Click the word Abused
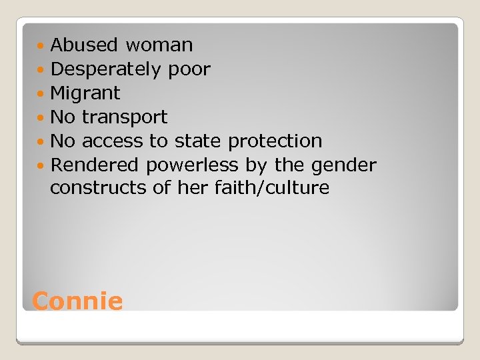tap(85, 45)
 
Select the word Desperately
tap(106, 69)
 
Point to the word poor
tap(189, 69)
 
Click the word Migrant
tap(85, 93)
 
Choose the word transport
tap(125, 117)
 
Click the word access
tap(112, 141)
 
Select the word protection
tap(275, 141)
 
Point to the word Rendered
tap(95, 165)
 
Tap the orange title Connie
tap(77, 301)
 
